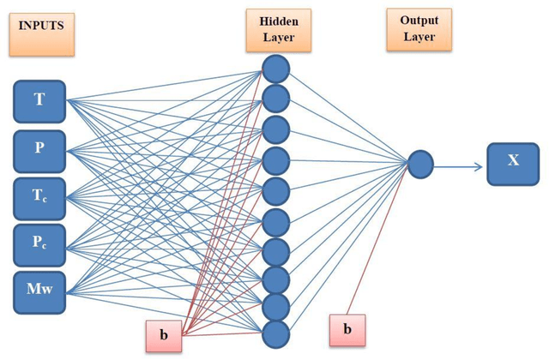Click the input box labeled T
pos(39,100)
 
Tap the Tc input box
pos(39,198)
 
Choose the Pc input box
pos(39,246)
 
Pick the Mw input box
pos(39,291)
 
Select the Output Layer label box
pos(418,30)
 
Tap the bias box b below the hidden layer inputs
pos(164,334)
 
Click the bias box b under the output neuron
pos(347,329)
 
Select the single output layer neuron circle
pos(419,164)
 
